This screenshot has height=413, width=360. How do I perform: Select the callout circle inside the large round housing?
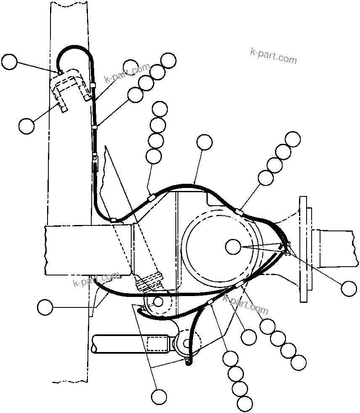tap(233, 247)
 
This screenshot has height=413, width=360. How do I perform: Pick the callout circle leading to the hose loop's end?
tap(9, 62)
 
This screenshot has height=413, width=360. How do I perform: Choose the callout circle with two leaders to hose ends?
tap(159, 396)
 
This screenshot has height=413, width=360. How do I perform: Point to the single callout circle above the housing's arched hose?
tap(205, 143)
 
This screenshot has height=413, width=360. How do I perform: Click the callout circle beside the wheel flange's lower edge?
tap(349, 288)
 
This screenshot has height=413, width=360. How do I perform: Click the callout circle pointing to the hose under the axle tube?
tap(45, 307)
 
